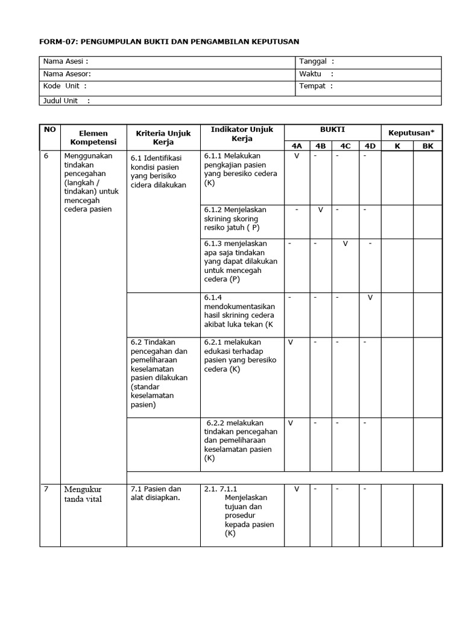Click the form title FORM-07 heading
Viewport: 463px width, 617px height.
click(x=169, y=42)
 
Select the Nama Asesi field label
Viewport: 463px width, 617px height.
click(x=66, y=61)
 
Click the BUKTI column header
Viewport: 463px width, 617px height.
click(x=332, y=130)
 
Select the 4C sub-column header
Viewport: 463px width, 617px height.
click(x=345, y=146)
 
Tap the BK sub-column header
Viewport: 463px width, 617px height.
click(x=427, y=146)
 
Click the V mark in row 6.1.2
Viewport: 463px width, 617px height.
click(x=321, y=210)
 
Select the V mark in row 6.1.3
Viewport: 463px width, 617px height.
click(x=345, y=243)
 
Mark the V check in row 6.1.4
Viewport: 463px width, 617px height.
click(x=370, y=298)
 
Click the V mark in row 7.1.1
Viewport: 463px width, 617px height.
click(x=297, y=489)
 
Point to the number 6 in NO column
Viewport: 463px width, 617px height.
click(x=46, y=155)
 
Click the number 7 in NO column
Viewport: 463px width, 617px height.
click(x=46, y=489)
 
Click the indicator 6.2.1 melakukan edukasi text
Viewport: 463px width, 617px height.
click(x=240, y=355)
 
